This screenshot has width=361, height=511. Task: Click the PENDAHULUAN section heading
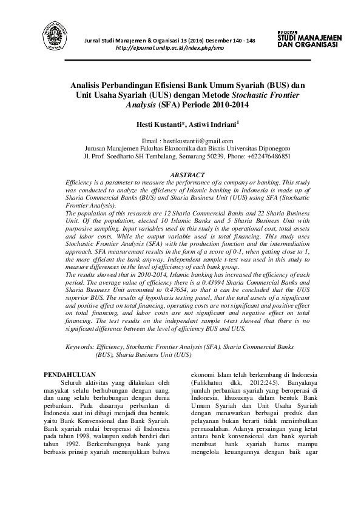click(x=72, y=374)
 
